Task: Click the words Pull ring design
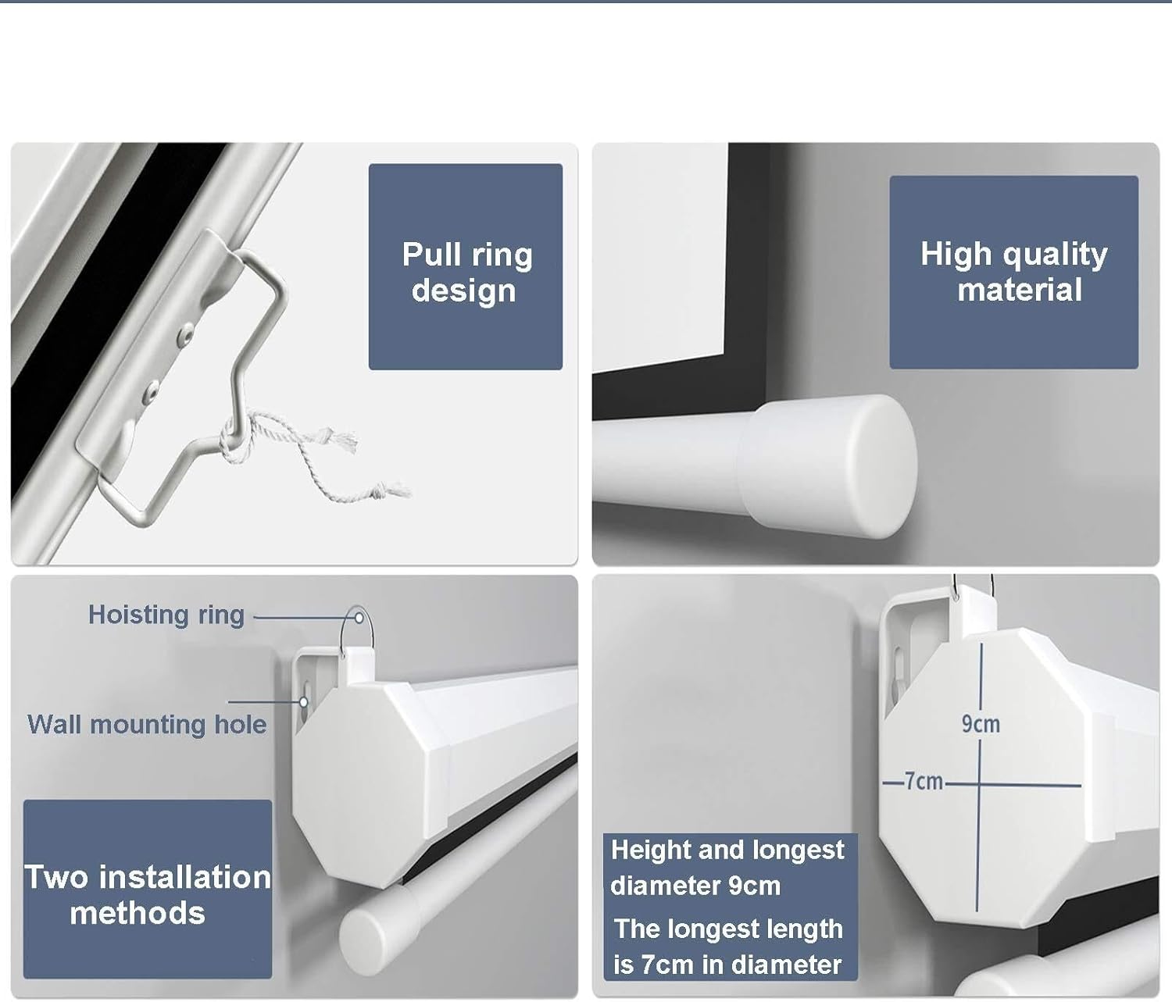pos(467,273)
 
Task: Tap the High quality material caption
pos(1014,272)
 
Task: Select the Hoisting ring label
pos(166,615)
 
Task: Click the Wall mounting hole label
pos(147,724)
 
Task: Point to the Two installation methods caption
pos(148,895)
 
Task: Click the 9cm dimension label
pos(981,724)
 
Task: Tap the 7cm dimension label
pos(923,782)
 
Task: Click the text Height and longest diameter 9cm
pos(727,868)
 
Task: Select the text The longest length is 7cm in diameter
pos(727,947)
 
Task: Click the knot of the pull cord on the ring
pos(234,437)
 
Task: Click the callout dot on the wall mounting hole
pos(304,701)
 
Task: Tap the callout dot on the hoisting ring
pos(359,619)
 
